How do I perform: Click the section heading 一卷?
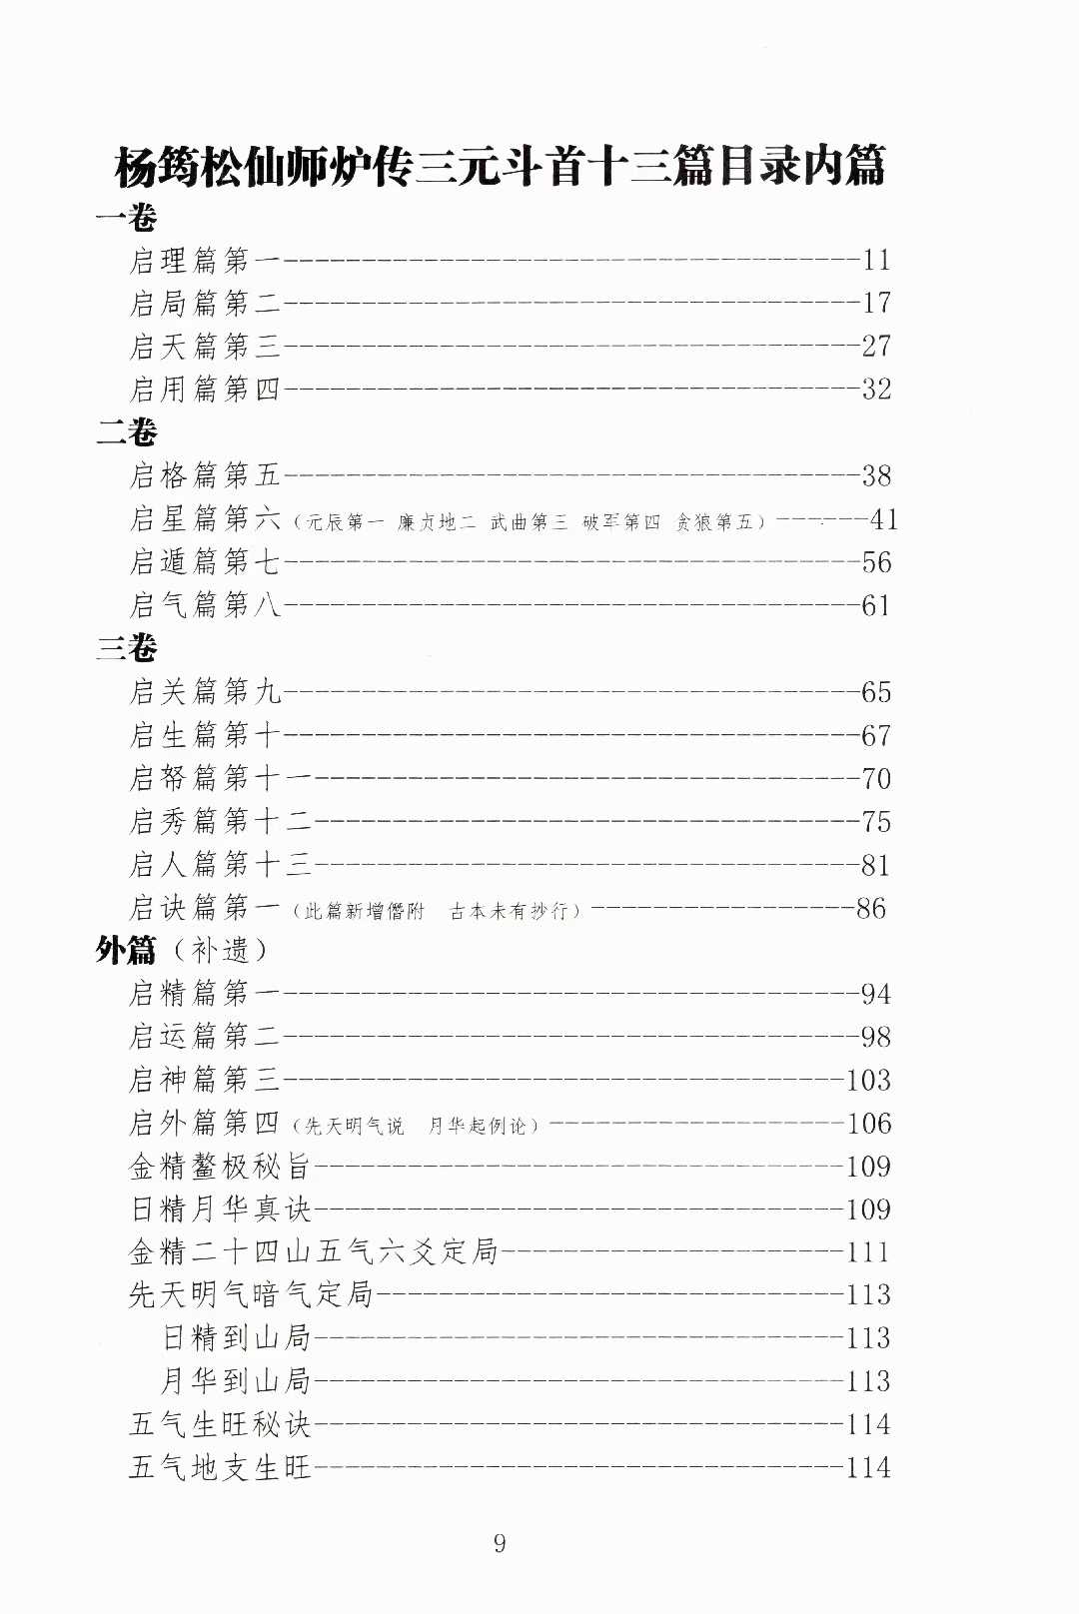tap(126, 218)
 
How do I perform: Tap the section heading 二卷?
tap(126, 432)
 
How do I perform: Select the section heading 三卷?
tap(126, 648)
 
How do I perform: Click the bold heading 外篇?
tap(126, 950)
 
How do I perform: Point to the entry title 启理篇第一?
tap(205, 261)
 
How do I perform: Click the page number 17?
tap(876, 304)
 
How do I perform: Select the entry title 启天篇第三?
tap(205, 347)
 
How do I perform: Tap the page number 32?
tap(876, 390)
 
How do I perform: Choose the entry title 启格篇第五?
tap(205, 475)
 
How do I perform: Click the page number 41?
tap(884, 519)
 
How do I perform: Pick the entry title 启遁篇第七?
tap(205, 562)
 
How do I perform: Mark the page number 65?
tap(876, 692)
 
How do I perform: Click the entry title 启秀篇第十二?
tap(220, 821)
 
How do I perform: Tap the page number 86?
tap(870, 908)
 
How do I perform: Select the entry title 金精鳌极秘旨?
tap(220, 1166)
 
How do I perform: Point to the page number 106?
tap(868, 1124)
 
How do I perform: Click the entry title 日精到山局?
tap(237, 1337)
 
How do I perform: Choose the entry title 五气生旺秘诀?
tap(220, 1424)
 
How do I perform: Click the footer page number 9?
tap(500, 1544)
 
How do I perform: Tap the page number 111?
tap(868, 1252)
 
